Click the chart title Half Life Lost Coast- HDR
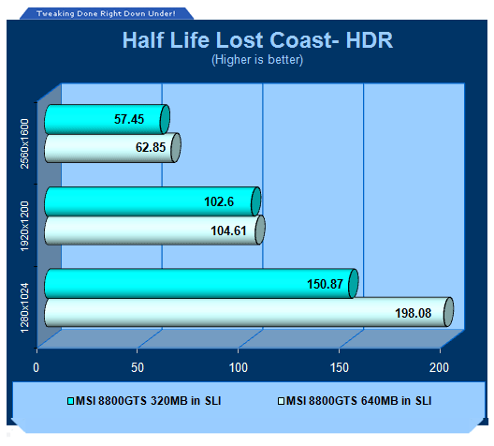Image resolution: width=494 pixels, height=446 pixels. point(257,40)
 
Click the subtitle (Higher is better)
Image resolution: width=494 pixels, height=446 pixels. point(257,59)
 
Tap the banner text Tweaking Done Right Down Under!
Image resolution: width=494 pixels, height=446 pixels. point(106,13)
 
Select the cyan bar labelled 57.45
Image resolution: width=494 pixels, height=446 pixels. point(107,119)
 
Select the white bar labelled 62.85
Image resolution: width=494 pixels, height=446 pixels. point(112,148)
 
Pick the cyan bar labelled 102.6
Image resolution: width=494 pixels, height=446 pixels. point(153,201)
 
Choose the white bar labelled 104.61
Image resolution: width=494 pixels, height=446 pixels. point(154,230)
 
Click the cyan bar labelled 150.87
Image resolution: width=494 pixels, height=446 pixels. point(201,283)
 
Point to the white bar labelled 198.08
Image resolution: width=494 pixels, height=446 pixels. point(249,312)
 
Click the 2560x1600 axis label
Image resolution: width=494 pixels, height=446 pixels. point(24,144)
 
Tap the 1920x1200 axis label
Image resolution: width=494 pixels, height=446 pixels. point(24,227)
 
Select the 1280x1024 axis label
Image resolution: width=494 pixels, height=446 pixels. point(24,308)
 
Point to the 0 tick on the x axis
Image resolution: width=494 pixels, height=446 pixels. point(36,368)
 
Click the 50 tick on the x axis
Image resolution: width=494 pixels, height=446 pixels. point(138,368)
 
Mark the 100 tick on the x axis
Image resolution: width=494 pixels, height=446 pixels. point(239,368)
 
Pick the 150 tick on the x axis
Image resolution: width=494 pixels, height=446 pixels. point(340,368)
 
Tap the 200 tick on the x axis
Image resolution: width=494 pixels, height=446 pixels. point(439,368)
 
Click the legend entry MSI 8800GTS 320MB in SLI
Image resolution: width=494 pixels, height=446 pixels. point(144,401)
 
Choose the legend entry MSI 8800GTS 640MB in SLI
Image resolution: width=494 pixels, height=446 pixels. point(355,401)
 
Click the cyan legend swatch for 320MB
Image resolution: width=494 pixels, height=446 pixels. point(70,401)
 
